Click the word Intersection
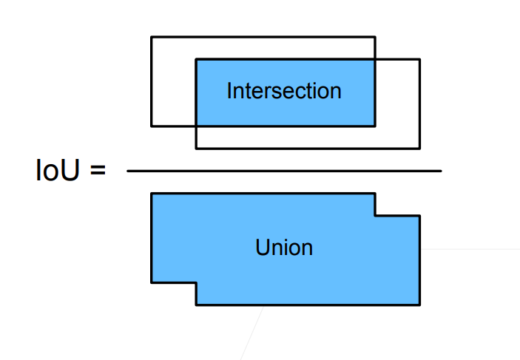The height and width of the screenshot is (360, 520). coord(284,91)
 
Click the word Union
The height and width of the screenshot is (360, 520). coord(284,247)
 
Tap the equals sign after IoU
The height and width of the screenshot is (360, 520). coord(98,171)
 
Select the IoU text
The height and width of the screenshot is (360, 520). coord(58,171)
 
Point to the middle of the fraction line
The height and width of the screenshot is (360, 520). coord(284,171)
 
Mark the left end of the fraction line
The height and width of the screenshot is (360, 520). coord(128,171)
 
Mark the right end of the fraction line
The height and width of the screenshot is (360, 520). coord(441,171)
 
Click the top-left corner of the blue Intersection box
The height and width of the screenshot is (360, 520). coord(196,60)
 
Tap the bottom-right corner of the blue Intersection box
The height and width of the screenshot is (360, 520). coord(374,126)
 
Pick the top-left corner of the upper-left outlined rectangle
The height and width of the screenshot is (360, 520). coord(152,37)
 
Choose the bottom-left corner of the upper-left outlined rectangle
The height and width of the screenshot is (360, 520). coord(152,126)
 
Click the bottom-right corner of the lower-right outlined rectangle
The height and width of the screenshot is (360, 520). coord(419,149)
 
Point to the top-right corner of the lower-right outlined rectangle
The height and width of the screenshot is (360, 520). coord(419,60)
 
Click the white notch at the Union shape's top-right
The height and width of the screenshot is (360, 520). coord(398,203)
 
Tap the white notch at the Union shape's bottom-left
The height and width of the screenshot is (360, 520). coord(173,294)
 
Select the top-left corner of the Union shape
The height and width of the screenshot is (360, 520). coord(152,194)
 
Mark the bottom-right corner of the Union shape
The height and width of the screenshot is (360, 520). coord(419,305)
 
